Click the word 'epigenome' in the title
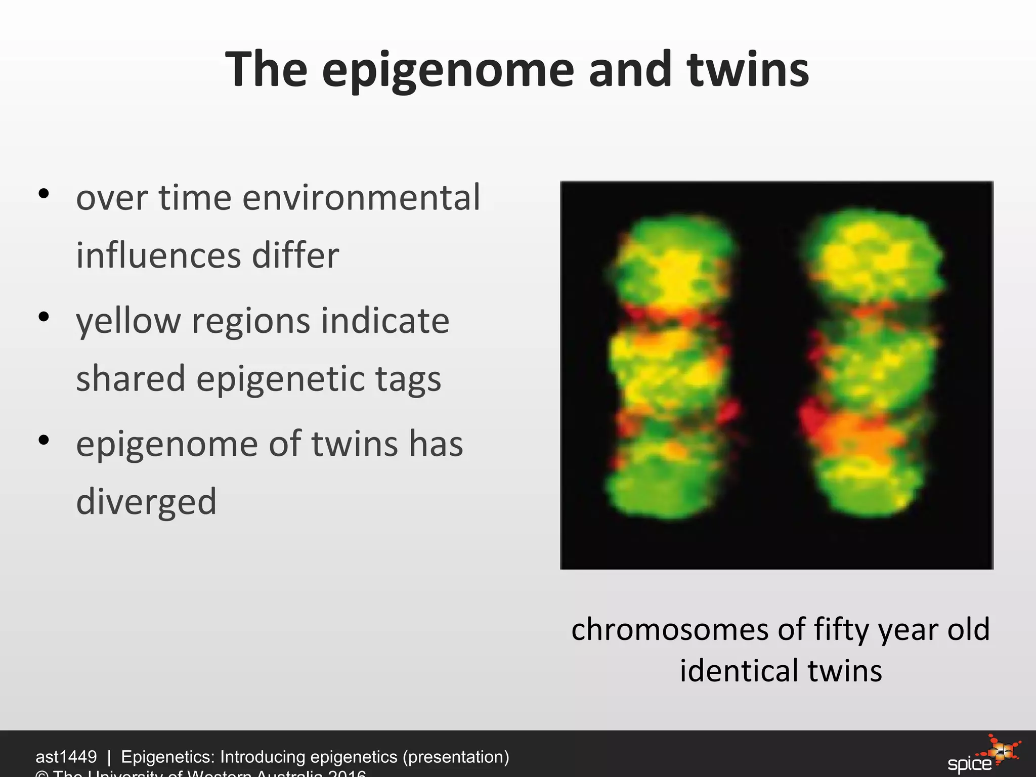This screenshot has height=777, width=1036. coord(448,71)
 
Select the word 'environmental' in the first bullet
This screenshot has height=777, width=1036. coord(361,198)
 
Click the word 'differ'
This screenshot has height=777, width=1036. coord(295,255)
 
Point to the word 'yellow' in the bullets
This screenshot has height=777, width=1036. coord(128,322)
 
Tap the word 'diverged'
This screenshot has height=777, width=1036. coord(146,502)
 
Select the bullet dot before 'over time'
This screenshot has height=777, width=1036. coord(44,193)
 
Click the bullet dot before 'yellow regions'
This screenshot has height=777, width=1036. coord(44,317)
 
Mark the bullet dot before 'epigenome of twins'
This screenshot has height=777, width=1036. coord(44,440)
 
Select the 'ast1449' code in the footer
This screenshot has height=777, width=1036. coord(66,757)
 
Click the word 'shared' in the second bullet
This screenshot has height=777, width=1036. coord(131,379)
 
